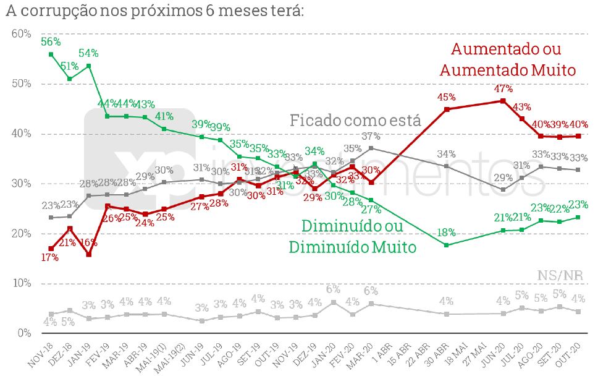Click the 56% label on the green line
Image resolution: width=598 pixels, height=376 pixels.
(50, 42)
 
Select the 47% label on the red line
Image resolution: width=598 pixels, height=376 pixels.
(503, 88)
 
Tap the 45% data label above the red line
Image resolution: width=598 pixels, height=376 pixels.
(446, 97)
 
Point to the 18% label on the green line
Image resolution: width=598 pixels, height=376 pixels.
(446, 233)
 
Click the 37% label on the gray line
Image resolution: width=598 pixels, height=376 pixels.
(370, 136)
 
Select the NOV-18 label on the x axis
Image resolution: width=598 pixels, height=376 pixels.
(43, 355)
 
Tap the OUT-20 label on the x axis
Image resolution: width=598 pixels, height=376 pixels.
(570, 355)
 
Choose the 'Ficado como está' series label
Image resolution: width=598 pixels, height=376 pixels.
(355, 120)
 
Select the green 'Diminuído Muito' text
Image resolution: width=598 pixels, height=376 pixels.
(352, 247)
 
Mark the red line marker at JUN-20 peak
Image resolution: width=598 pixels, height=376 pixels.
(503, 101)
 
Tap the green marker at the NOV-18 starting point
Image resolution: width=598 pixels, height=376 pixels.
(51, 54)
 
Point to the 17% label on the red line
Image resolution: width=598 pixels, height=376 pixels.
(49, 258)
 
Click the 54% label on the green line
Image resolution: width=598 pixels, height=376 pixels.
(88, 54)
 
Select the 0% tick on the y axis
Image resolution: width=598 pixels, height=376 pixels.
(23, 333)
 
